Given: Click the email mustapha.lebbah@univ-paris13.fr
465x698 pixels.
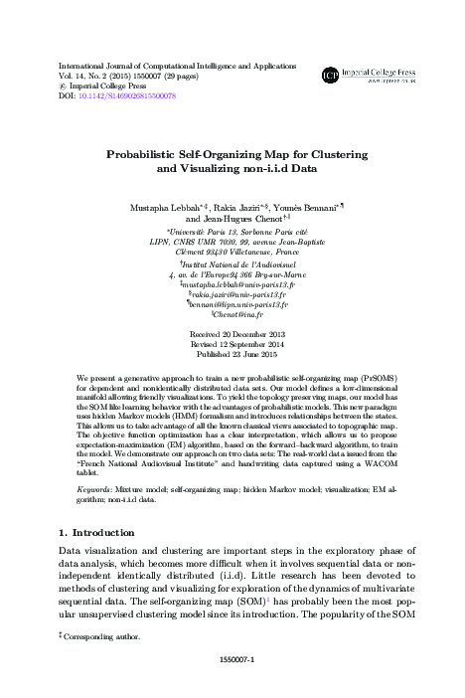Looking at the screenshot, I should click(x=236, y=282).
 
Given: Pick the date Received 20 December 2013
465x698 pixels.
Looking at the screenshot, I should click(x=232, y=336).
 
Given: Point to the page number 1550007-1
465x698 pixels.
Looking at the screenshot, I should click(x=232, y=658).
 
